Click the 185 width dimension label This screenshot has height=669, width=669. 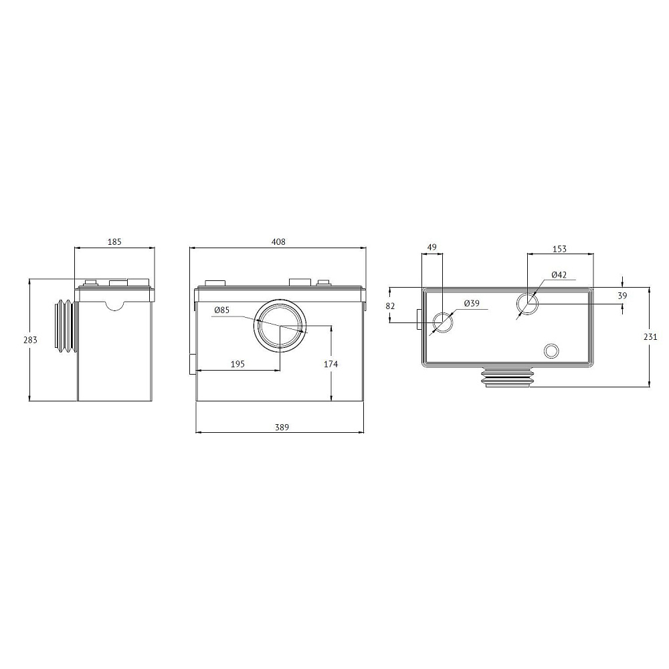click(x=114, y=242)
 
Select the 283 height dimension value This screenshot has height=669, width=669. click(x=31, y=340)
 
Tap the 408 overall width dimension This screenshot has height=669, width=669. click(x=278, y=242)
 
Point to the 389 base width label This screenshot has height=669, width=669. click(x=282, y=427)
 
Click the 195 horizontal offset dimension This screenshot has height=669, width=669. click(x=237, y=364)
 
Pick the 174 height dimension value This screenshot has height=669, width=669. click(x=330, y=364)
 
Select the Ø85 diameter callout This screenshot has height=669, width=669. click(x=222, y=310)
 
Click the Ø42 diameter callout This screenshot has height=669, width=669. click(x=559, y=275)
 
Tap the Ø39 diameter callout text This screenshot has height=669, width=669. click(x=472, y=303)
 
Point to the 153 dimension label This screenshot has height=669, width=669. click(x=559, y=249)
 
